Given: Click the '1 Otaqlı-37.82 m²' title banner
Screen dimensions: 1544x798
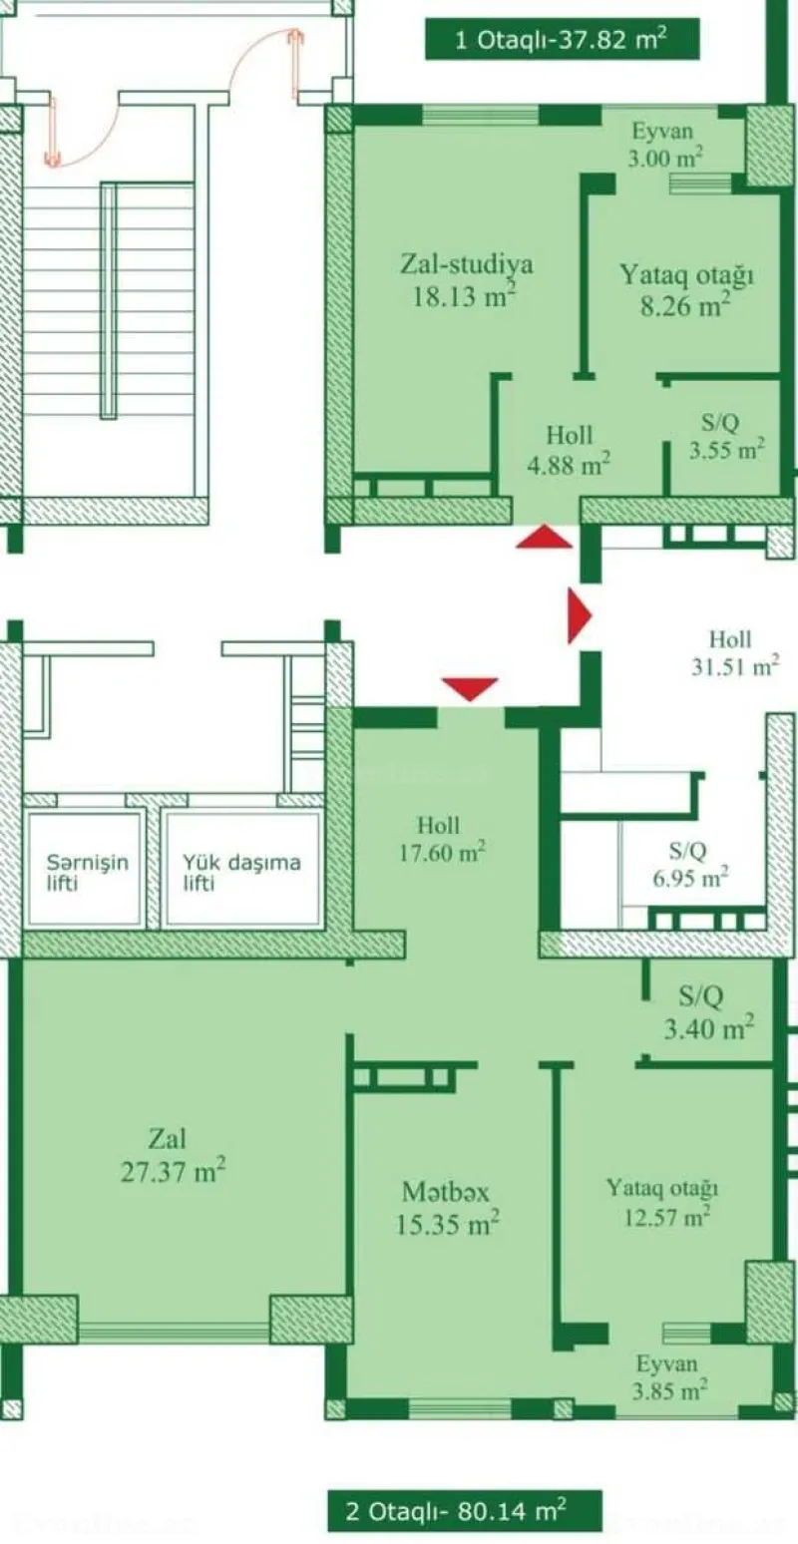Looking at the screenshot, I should point(561,41).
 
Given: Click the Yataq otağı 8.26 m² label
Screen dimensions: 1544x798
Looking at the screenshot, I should point(685,289).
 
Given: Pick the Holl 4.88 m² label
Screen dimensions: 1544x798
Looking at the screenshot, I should point(569,449).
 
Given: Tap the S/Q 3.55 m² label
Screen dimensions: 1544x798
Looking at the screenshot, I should point(726,436).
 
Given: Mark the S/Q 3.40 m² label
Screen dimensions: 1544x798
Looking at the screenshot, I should point(708,1009).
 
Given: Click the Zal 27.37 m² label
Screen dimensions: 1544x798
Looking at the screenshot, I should point(172,1154).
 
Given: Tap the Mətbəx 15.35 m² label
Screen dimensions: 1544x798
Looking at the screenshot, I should point(446,1207).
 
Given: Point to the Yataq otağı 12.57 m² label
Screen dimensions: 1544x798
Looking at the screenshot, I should point(662,1201).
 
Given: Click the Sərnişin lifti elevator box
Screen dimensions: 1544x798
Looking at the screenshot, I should point(85,870).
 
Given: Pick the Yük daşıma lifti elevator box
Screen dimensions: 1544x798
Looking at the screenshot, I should point(240,870).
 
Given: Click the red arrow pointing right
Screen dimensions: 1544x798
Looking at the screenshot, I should point(578,616).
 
